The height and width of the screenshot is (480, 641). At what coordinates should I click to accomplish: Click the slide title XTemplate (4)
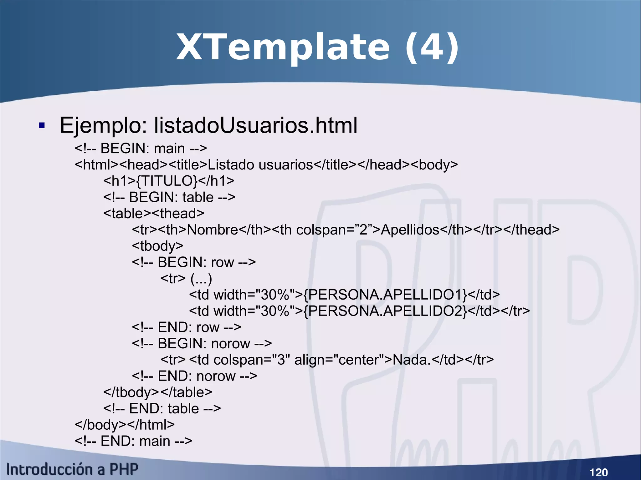coord(317,48)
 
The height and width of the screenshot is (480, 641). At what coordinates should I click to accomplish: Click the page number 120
coord(598,472)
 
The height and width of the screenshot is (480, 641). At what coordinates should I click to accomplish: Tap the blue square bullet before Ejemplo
coord(42,126)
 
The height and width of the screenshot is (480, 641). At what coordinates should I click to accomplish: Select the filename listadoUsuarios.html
coord(255,125)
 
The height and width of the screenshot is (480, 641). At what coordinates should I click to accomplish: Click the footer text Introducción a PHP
coord(72,469)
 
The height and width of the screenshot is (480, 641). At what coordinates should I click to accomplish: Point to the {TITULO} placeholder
coord(167,181)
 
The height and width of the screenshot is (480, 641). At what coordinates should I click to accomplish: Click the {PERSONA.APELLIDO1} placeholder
coord(385,295)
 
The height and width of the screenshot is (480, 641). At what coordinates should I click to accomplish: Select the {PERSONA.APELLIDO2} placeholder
coord(385,311)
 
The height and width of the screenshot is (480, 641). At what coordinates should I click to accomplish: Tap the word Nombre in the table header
coord(213,230)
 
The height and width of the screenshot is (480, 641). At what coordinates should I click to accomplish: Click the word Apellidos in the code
coord(410,230)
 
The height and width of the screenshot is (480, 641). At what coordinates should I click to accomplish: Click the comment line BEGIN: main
coord(141,149)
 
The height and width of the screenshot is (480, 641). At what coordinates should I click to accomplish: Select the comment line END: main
coord(133,441)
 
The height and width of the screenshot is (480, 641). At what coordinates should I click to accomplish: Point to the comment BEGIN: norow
coord(202,344)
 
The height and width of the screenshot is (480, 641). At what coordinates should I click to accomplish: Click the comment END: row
coord(186,327)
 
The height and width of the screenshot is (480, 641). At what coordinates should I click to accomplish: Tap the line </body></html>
coord(125,425)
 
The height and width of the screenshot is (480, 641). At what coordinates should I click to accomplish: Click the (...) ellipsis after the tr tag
coord(201,279)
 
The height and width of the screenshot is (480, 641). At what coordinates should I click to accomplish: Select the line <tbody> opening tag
coord(157,246)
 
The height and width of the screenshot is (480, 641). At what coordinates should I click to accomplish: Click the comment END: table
coord(162,409)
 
